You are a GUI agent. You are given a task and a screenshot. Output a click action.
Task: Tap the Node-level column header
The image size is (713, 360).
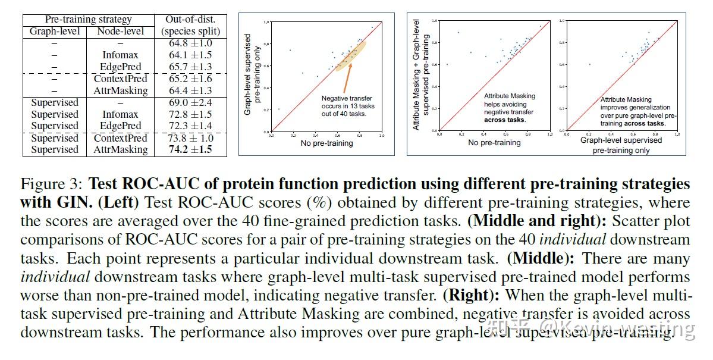point(120,31)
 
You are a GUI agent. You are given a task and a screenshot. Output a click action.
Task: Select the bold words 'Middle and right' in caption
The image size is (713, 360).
point(526,221)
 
